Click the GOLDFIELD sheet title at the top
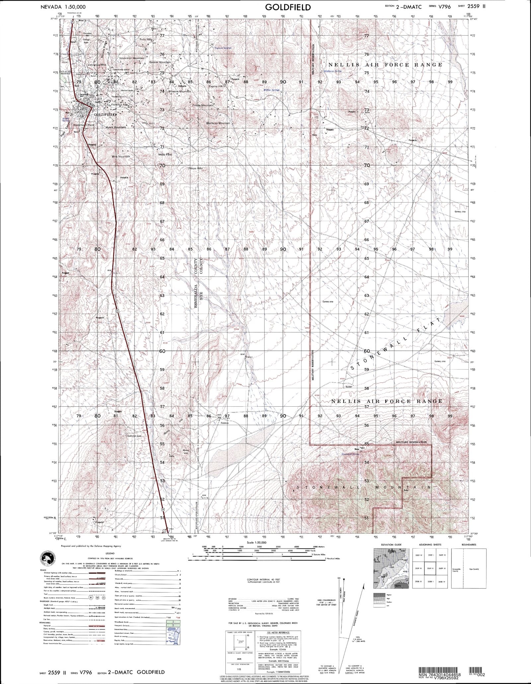(x=288, y=7)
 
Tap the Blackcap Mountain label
(x=218, y=123)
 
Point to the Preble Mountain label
(x=203, y=105)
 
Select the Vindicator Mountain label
(x=132, y=58)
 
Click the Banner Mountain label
(x=160, y=62)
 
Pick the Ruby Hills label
(x=146, y=39)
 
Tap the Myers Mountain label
(x=115, y=127)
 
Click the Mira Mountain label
(x=120, y=156)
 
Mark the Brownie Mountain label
(x=180, y=91)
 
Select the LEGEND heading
(x=110, y=554)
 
